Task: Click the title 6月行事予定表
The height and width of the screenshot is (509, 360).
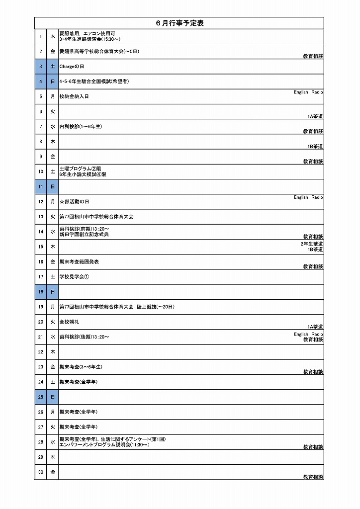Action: [x=180, y=23]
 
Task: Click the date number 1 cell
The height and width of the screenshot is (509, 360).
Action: [x=41, y=36]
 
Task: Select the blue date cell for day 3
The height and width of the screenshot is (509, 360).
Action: [x=41, y=66]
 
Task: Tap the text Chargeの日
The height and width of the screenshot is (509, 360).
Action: [x=73, y=66]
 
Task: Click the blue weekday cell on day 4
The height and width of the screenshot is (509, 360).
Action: [x=53, y=81]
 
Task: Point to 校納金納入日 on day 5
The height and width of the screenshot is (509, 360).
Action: [x=74, y=96]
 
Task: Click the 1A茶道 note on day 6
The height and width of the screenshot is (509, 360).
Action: [x=315, y=116]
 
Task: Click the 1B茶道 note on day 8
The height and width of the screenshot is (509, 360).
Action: [x=315, y=147]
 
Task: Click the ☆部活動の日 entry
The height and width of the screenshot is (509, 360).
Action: [x=74, y=202]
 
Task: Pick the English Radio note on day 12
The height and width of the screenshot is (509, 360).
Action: [x=308, y=197]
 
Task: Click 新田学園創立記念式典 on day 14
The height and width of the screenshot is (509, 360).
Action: [x=84, y=234]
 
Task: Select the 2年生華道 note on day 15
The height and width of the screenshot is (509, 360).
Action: [x=312, y=244]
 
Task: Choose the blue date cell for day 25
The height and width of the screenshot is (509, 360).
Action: [x=41, y=397]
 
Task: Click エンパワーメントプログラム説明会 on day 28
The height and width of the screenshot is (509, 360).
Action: [x=104, y=444]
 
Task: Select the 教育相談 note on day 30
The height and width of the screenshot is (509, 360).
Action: [x=313, y=477]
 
